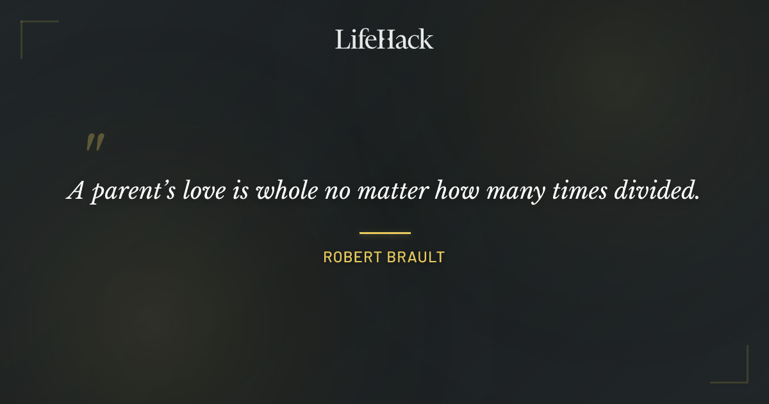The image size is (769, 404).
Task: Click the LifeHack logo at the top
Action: click(x=384, y=39)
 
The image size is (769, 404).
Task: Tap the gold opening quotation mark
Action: click(x=95, y=142)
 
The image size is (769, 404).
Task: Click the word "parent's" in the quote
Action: click(x=130, y=192)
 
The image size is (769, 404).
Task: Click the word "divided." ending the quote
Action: click(x=656, y=190)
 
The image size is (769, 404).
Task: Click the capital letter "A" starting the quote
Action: click(x=76, y=191)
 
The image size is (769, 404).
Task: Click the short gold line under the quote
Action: click(x=384, y=233)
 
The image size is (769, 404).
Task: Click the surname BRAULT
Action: click(x=414, y=258)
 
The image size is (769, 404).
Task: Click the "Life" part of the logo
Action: click(x=354, y=39)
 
